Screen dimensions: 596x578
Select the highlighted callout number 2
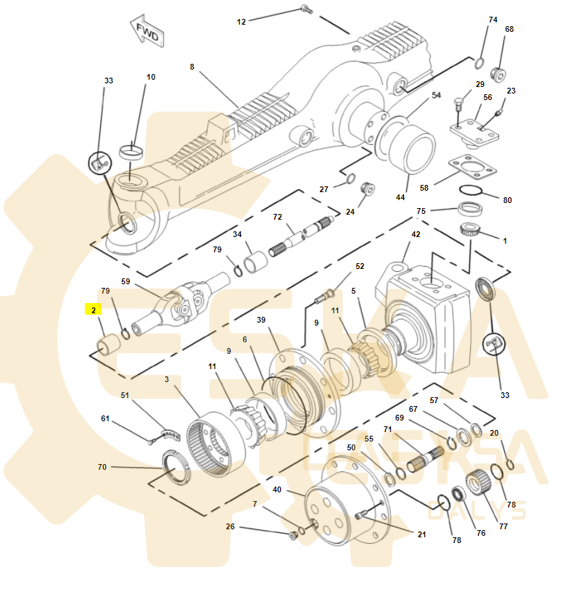click(94, 310)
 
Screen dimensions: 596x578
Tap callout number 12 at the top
click(241, 22)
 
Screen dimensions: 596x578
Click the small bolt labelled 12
click(305, 10)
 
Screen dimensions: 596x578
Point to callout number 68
click(509, 29)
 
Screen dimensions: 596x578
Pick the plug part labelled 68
click(499, 73)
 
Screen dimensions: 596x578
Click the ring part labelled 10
click(131, 152)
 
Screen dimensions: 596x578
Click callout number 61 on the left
click(105, 418)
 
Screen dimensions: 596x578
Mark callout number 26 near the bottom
click(231, 526)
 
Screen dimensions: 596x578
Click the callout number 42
click(416, 234)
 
